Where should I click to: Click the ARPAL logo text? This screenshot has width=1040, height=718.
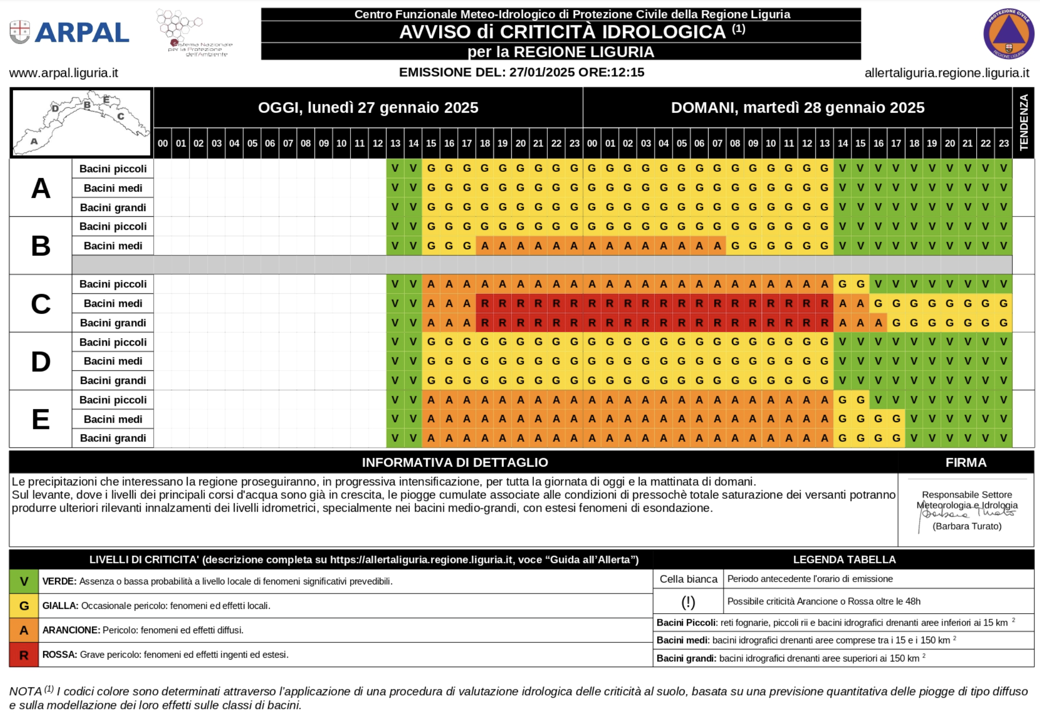point(81,33)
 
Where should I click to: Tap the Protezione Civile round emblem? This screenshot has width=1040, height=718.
point(1008,34)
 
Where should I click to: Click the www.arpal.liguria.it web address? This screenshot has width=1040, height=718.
point(64,73)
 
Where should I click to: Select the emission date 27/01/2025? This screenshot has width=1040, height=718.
point(542,72)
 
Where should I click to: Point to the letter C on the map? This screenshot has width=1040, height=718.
point(121,116)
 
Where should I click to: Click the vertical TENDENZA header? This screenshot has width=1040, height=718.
point(1024,122)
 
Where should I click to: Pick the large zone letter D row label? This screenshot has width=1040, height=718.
point(41,362)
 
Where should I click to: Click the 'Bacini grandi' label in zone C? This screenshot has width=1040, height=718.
point(113,323)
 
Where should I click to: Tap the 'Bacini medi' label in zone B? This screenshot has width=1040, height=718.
point(113,246)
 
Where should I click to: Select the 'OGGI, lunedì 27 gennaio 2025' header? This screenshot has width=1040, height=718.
point(368,108)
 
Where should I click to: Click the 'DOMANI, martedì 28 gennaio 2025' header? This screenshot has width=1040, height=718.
point(797,108)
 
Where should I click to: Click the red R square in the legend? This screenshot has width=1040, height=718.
point(24,655)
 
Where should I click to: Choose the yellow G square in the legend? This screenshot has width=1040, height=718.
point(24,606)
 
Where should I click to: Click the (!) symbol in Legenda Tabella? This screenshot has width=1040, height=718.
point(688,602)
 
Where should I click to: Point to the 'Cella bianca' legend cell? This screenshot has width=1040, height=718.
point(688,579)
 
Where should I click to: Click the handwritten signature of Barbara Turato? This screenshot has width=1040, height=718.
point(967,514)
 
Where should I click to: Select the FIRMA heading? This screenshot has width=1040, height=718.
point(966,462)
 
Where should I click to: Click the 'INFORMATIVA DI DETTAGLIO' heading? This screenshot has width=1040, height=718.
point(455,462)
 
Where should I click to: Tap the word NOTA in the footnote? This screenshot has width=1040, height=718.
point(25,692)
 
